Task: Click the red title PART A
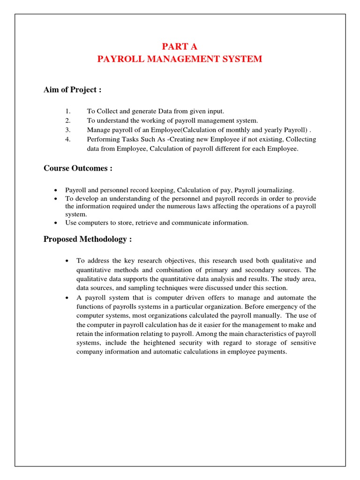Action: pos(180,46)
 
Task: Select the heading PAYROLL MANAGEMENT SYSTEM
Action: pos(180,59)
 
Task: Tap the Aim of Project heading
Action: pos(73,90)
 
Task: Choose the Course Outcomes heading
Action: pos(78,168)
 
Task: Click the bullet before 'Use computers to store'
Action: pos(56,223)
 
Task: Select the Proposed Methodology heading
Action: pos(88,239)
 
